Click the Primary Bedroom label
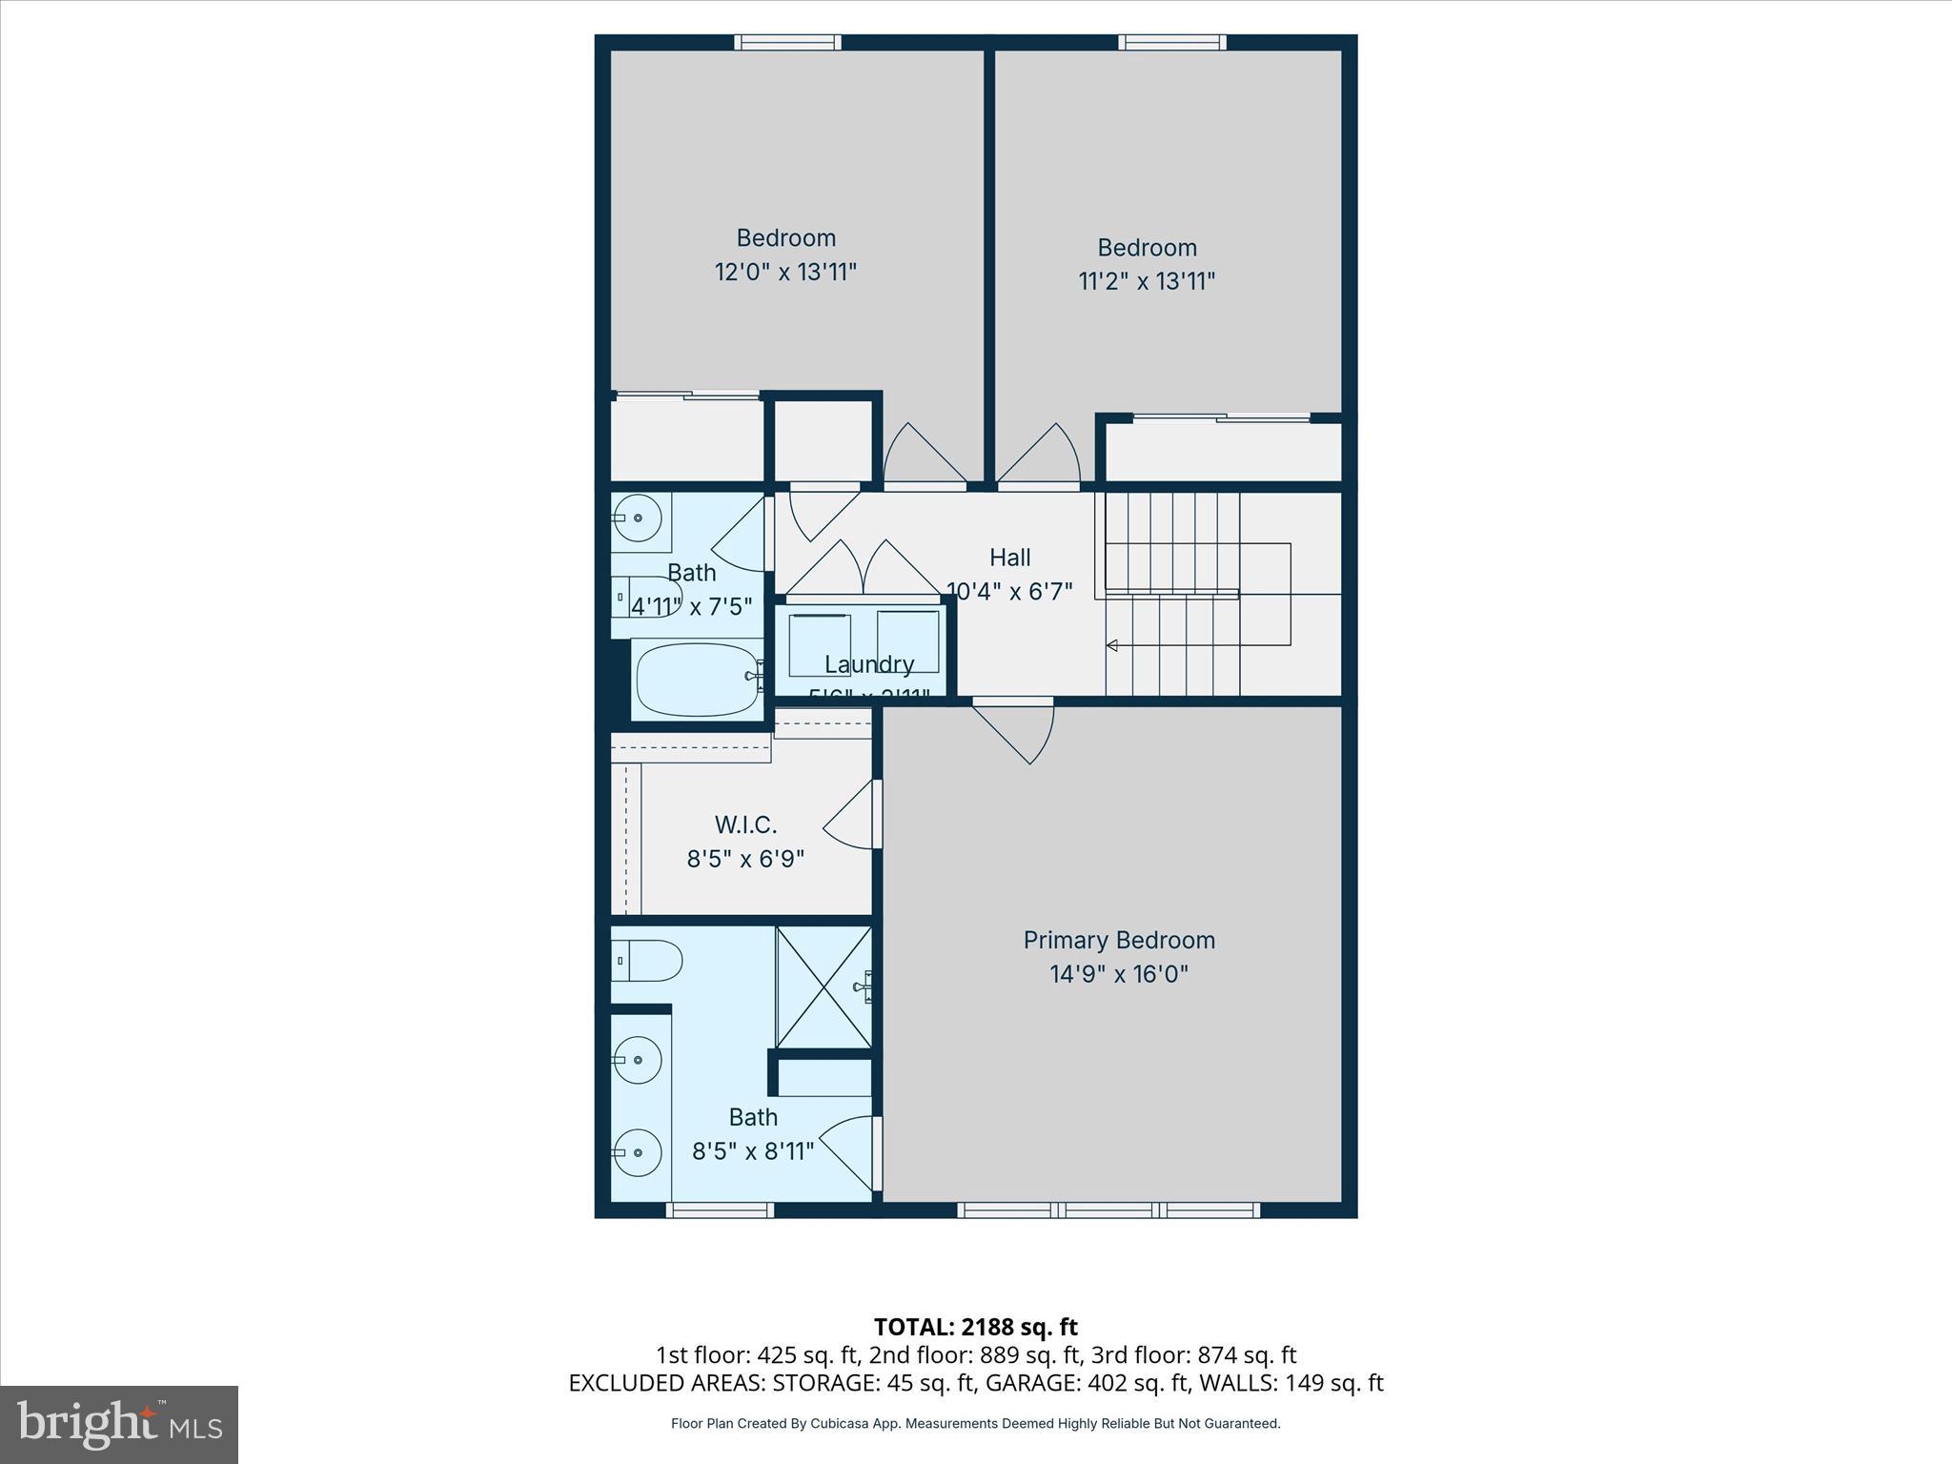tap(1119, 940)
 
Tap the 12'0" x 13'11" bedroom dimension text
tap(785, 273)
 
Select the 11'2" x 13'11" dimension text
tap(1147, 282)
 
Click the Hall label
tap(1009, 558)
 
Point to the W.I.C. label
tap(745, 824)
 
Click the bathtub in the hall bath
tap(697, 678)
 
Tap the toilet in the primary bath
tap(648, 961)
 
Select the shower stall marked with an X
tap(823, 987)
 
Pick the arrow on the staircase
tap(1111, 646)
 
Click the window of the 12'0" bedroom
tap(787, 42)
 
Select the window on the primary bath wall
tap(719, 1210)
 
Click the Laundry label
tap(868, 664)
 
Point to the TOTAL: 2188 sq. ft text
tap(975, 1327)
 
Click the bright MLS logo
tap(119, 1424)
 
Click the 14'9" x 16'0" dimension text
tap(1119, 974)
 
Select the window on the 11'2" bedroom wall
tap(1171, 42)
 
